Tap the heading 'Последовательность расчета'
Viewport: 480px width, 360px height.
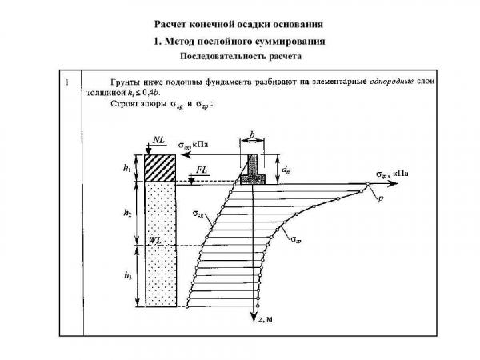pos(239,56)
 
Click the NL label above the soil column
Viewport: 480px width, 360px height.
pos(157,139)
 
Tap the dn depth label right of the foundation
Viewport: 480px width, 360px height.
pos(286,169)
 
